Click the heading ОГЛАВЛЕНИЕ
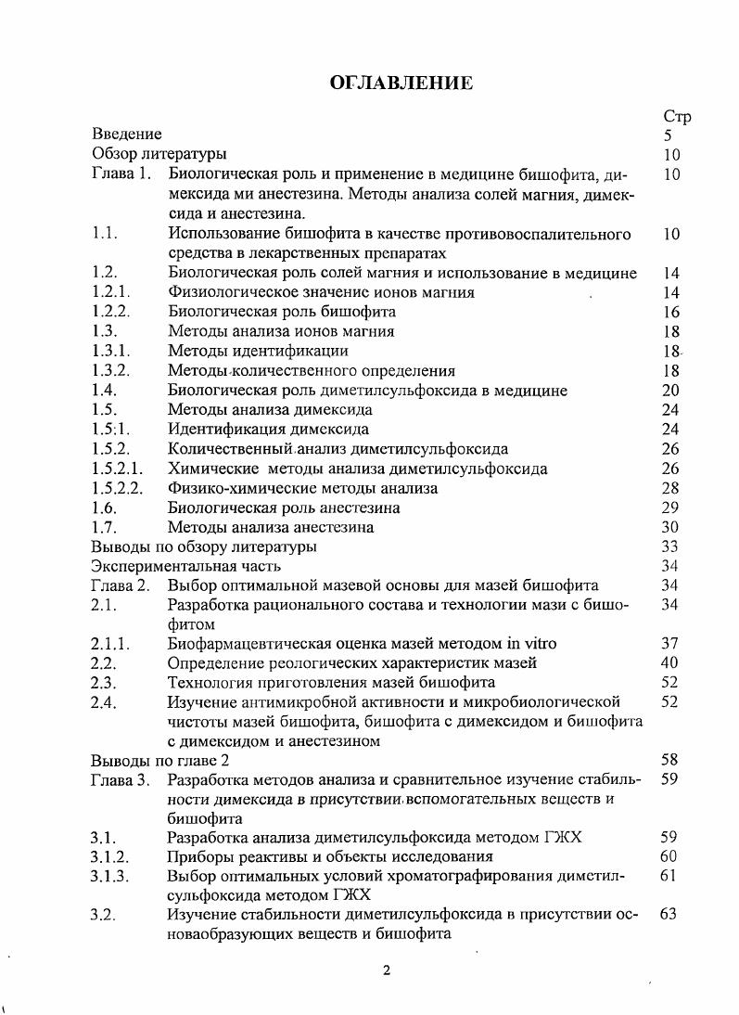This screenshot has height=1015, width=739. point(401,84)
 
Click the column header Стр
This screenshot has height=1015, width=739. point(676,116)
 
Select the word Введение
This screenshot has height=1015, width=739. point(127,135)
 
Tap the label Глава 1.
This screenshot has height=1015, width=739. point(121,174)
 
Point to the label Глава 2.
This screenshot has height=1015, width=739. point(121,585)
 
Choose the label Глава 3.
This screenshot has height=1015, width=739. point(121,779)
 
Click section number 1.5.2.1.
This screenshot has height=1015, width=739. point(118,469)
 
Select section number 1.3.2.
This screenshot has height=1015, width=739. point(111,370)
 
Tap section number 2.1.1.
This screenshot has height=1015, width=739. point(111,643)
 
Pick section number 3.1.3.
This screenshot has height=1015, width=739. point(111,876)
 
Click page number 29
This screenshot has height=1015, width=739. point(671,507)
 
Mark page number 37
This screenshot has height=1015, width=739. point(669,643)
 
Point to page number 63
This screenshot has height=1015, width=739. point(669,915)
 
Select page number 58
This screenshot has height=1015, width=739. point(671,760)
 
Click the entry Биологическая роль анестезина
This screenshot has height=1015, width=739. point(284,507)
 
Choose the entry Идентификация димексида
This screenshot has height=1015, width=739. point(268,429)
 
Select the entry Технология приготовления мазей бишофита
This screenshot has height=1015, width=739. point(331,682)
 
